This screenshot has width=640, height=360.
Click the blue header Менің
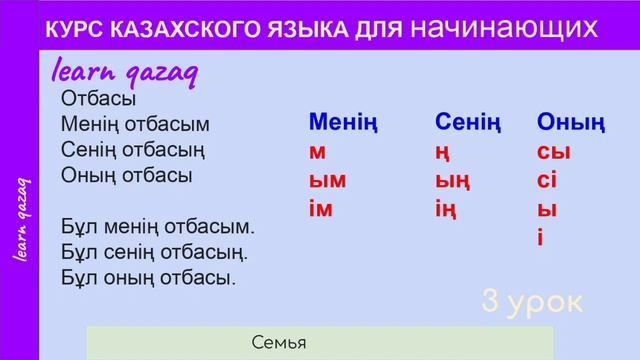point(343,123)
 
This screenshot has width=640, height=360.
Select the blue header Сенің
point(467,123)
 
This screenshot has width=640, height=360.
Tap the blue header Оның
point(571,123)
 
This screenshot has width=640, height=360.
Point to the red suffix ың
point(452,181)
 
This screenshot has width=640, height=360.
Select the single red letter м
point(318,153)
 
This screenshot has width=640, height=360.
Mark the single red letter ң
point(442,153)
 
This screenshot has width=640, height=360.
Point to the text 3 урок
point(531,301)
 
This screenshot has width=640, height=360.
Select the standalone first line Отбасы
point(98,99)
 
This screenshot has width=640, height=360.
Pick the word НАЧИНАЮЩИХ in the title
point(513,29)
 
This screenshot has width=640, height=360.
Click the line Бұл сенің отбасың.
point(154,250)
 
